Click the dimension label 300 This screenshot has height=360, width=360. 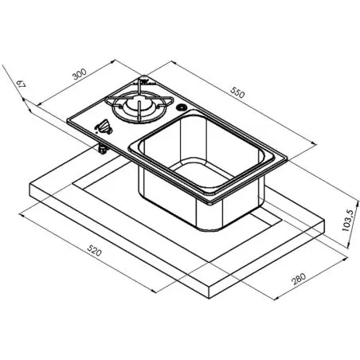tap(80, 74)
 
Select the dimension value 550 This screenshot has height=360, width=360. tap(237, 92)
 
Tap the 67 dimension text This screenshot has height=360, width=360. tap(21, 84)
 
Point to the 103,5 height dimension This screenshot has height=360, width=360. tap(348, 221)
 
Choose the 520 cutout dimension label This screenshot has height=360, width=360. tap(95, 250)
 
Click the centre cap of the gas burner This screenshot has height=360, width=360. tap(138, 104)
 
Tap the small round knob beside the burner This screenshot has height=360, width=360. tap(182, 108)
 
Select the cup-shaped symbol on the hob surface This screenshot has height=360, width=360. tap(104, 127)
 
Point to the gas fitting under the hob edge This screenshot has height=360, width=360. tap(102, 149)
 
